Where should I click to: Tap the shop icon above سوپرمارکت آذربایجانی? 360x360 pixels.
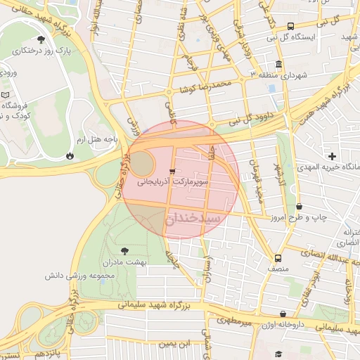click(x=173, y=171)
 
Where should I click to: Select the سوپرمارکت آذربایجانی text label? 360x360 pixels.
click(x=173, y=182)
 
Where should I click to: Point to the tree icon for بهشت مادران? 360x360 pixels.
click(x=124, y=250)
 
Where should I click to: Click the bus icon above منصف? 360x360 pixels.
click(x=279, y=257)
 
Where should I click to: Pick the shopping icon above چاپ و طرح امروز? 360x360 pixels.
click(x=300, y=207)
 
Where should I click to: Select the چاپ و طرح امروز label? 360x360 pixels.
click(x=300, y=218)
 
